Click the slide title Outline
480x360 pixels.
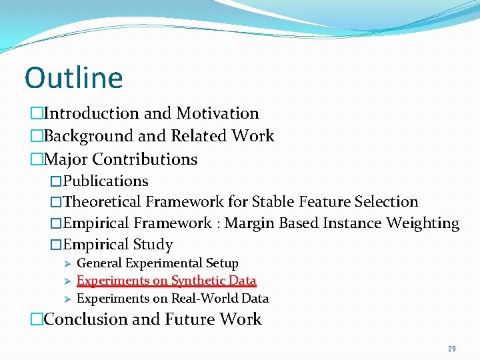coord(73,77)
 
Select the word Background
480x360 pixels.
coord(89,136)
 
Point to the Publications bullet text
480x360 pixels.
coord(105,181)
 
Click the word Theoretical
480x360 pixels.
coord(102,201)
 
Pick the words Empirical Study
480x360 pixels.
coord(117,245)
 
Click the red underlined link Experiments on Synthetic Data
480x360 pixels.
coord(167,281)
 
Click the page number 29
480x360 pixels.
coord(452,349)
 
